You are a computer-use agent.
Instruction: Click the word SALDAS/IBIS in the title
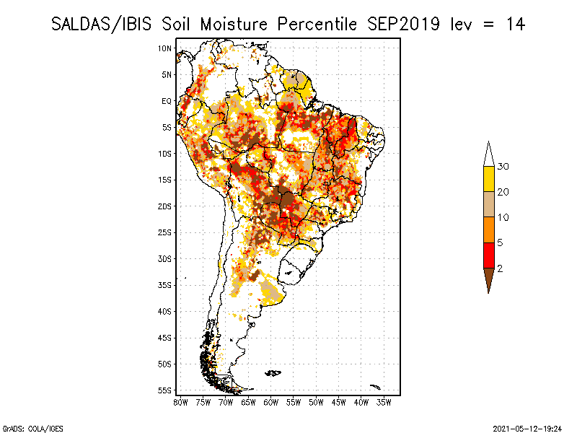click(x=101, y=25)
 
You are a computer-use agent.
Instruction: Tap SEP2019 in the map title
click(x=403, y=25)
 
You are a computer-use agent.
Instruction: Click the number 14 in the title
click(x=515, y=25)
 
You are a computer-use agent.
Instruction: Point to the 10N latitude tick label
click(x=165, y=48)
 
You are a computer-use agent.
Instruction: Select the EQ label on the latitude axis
click(x=167, y=101)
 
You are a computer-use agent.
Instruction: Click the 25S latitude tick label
click(x=165, y=232)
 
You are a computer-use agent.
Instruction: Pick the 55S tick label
click(x=165, y=390)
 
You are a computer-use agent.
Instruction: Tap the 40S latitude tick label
click(x=165, y=312)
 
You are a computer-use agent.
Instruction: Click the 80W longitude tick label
click(x=180, y=403)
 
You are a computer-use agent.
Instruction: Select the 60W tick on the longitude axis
click(x=271, y=403)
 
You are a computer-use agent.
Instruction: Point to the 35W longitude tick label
click(x=384, y=403)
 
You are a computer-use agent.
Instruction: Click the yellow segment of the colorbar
click(x=489, y=179)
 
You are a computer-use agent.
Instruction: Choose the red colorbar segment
click(x=489, y=255)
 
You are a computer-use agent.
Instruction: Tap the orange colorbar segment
click(x=489, y=229)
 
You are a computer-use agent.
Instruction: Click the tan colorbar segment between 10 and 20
click(x=489, y=204)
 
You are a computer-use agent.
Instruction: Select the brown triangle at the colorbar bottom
click(x=489, y=278)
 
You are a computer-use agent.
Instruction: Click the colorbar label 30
click(x=503, y=167)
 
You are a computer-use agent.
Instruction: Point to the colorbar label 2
click(x=500, y=268)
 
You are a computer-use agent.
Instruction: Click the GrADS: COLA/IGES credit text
click(x=32, y=429)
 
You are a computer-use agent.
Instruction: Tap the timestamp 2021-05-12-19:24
click(x=527, y=429)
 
